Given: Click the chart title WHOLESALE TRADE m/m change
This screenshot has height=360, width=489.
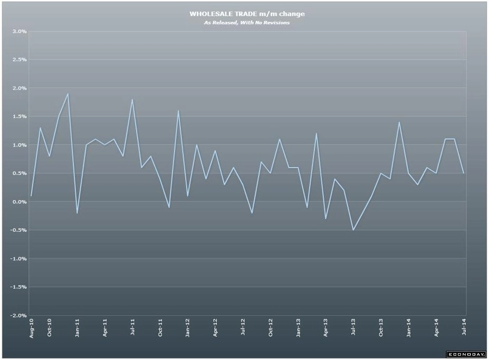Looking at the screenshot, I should [x=247, y=14].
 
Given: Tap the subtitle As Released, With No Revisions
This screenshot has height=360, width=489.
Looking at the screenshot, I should [x=247, y=22].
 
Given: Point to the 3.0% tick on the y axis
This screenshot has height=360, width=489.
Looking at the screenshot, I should [x=19, y=32].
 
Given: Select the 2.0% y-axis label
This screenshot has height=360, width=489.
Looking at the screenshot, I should [x=19, y=89].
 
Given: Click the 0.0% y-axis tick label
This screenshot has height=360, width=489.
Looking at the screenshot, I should [x=19, y=202].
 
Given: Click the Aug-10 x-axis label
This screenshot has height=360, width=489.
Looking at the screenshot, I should [x=32, y=328].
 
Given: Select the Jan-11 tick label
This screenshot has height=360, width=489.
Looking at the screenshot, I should [x=78, y=328].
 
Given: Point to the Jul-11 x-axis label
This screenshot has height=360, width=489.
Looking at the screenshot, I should [x=132, y=328].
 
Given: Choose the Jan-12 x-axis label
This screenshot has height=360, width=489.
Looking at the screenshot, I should [x=188, y=328].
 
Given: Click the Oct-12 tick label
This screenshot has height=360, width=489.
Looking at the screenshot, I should [x=271, y=328].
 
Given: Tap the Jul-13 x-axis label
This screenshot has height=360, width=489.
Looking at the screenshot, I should [x=353, y=328].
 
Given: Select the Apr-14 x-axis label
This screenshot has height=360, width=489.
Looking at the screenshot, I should [x=436, y=328].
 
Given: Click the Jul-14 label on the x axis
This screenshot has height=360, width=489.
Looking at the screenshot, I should [x=464, y=328].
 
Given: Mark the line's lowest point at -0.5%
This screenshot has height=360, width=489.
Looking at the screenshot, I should [x=353, y=230].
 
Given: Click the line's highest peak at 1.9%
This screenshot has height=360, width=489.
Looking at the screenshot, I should [x=68, y=94].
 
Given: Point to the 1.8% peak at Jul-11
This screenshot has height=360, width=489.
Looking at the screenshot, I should [x=132, y=100].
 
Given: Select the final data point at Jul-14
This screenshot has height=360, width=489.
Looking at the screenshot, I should [x=464, y=173].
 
